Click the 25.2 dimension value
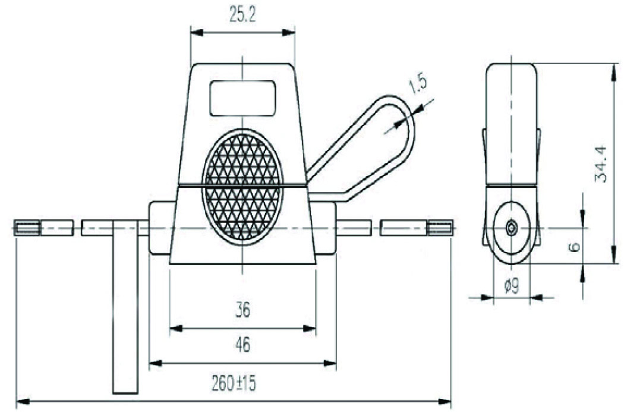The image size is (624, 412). tap(242, 15)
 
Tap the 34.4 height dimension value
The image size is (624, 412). tap(601, 163)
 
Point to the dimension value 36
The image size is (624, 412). tap(242, 310)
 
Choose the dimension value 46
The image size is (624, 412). tap(242, 345)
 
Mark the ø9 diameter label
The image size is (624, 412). tap(511, 286)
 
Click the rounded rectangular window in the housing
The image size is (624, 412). tap(242, 98)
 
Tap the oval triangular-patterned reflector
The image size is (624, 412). tap(242, 186)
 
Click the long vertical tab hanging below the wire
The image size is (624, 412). tap(125, 307)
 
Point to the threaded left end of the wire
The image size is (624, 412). tap(27, 228)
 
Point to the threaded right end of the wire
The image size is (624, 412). tap(440, 228)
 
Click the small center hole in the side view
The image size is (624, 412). tap(511, 228)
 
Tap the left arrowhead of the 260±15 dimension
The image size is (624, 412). tap(22, 401)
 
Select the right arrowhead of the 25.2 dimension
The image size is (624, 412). tap(289, 32)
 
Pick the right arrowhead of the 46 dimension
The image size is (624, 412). tap(330, 363)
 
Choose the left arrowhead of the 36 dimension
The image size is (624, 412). tap(177, 328)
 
